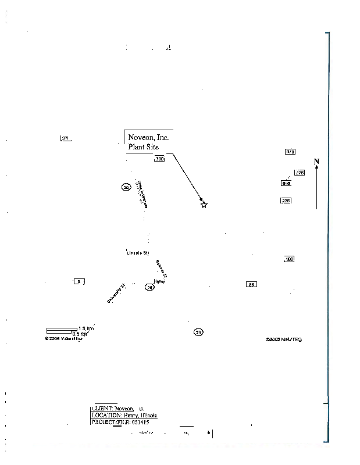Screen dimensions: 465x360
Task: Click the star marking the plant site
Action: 204,205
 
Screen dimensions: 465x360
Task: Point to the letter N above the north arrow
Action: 316,161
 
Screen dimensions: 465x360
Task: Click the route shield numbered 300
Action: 160,159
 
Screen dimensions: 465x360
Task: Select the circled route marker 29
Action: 126,187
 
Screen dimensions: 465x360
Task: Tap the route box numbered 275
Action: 300,173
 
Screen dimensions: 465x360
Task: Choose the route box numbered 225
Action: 286,201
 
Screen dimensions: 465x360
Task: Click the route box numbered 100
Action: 289,259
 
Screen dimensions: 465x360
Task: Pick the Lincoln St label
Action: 138,253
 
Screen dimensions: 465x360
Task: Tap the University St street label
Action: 116,293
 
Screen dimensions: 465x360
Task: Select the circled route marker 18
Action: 149,287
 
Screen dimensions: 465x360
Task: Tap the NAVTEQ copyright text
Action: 284,339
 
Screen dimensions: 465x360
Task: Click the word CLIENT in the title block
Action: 102,408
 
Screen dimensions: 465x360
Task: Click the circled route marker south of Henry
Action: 198,332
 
